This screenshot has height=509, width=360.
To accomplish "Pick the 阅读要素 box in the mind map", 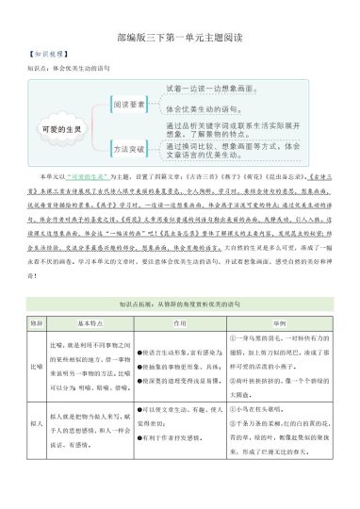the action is point(132,107).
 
